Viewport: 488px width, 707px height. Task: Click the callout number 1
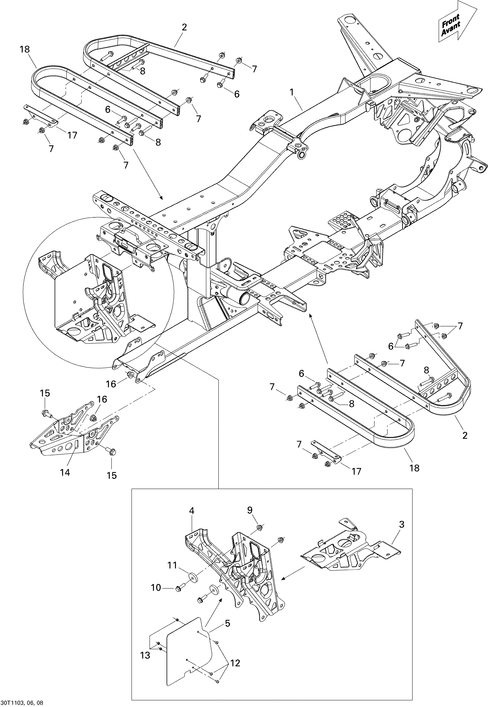(292, 92)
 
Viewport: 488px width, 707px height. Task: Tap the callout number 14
(65, 472)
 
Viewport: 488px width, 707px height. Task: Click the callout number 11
(172, 566)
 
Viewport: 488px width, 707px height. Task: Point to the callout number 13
(146, 655)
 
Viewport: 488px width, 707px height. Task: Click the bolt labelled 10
(178, 588)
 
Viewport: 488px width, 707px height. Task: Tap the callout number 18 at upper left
(25, 49)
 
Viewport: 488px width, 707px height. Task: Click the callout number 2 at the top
(184, 27)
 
